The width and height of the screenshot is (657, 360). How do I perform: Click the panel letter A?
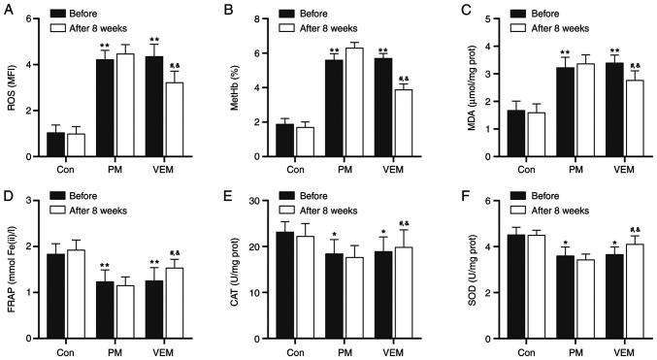point(7,10)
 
